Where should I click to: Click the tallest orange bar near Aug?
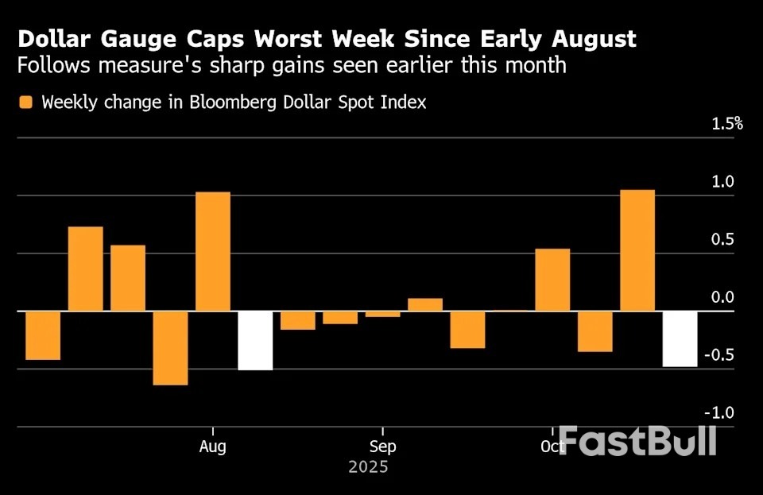point(213,251)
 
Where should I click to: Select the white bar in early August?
point(255,340)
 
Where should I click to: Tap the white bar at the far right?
point(680,338)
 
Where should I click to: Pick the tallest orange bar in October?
point(637,250)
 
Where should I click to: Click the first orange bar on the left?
point(43,335)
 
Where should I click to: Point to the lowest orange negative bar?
point(171,348)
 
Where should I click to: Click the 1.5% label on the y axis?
point(726,123)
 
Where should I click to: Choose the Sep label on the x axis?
point(382,447)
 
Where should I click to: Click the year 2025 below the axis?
point(368,467)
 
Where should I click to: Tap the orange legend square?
point(26,102)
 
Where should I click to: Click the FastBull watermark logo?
point(636,441)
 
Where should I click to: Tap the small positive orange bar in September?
point(425,304)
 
